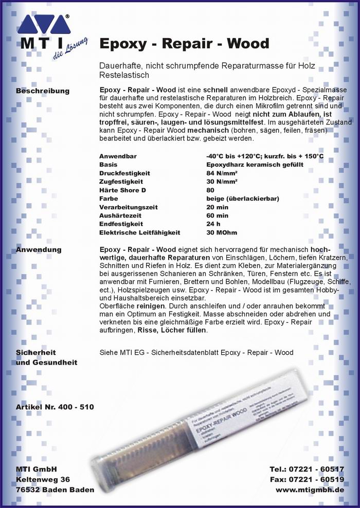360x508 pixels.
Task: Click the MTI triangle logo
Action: tap(44, 25)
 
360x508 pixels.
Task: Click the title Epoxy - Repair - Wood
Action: tap(184, 43)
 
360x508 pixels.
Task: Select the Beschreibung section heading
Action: tap(43, 91)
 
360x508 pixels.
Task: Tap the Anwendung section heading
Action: tap(39, 250)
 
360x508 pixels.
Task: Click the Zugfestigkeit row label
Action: tap(121, 182)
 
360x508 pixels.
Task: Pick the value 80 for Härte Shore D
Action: tap(210, 190)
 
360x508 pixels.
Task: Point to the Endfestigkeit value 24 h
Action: tap(213, 224)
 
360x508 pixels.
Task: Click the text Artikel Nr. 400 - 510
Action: tap(55, 407)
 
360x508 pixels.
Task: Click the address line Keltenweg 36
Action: tap(43, 479)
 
